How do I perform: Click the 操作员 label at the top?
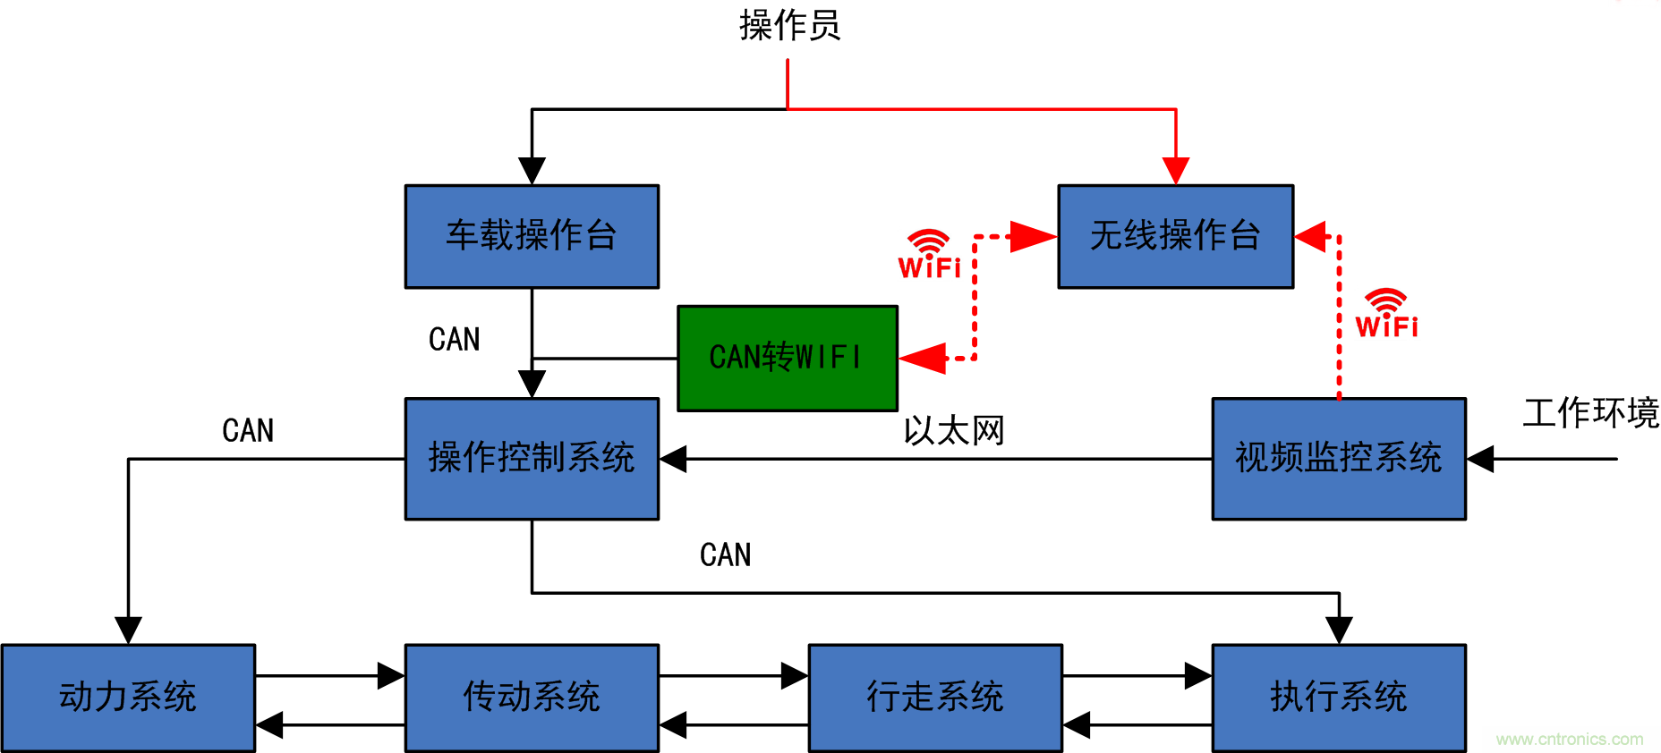pyautogui.click(x=789, y=25)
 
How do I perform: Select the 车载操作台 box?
pyautogui.click(x=532, y=236)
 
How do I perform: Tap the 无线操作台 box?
pyautogui.click(x=1175, y=236)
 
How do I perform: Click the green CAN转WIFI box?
pyautogui.click(x=787, y=358)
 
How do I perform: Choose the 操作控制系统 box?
pyautogui.click(x=532, y=458)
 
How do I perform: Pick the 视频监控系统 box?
pyautogui.click(x=1338, y=458)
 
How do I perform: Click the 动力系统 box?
pyautogui.click(x=128, y=697)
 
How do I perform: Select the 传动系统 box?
pyautogui.click(x=532, y=697)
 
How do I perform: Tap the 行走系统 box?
pyautogui.click(x=935, y=697)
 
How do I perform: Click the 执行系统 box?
pyautogui.click(x=1338, y=697)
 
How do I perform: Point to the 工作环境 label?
pyautogui.click(x=1590, y=413)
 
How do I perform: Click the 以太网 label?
pyautogui.click(x=954, y=431)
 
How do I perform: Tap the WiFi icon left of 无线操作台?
pyautogui.click(x=929, y=255)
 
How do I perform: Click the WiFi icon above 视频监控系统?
pyautogui.click(x=1386, y=314)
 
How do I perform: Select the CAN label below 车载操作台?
pyautogui.click(x=454, y=340)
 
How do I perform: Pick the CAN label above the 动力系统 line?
pyautogui.click(x=248, y=431)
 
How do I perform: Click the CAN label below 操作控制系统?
pyautogui.click(x=725, y=555)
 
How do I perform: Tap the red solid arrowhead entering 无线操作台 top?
pyautogui.click(x=1175, y=170)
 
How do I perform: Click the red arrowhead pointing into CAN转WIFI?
pyautogui.click(x=922, y=358)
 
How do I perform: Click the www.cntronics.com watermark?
pyautogui.click(x=1569, y=740)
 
